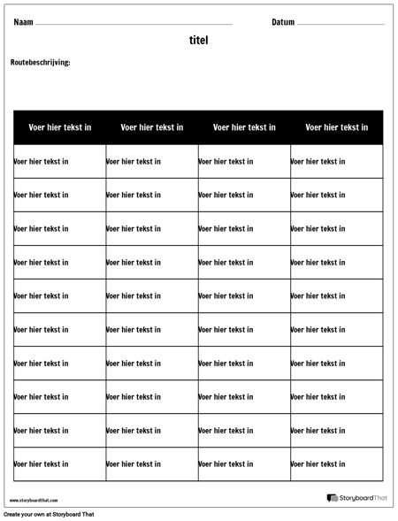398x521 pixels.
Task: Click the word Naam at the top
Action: (x=24, y=22)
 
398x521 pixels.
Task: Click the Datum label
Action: (x=283, y=22)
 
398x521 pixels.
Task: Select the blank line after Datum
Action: (x=341, y=25)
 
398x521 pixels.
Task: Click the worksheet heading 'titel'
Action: (x=198, y=41)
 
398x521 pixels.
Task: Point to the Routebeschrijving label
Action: (x=40, y=62)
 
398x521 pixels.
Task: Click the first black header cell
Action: (x=60, y=127)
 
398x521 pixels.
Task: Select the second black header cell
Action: (x=152, y=127)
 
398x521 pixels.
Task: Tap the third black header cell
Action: (x=244, y=127)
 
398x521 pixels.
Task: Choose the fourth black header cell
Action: (x=337, y=127)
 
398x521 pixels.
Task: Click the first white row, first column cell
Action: (x=60, y=161)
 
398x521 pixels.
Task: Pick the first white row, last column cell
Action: (x=337, y=161)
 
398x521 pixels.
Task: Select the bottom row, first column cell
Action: (x=60, y=464)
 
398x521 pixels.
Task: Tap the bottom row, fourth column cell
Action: (x=337, y=464)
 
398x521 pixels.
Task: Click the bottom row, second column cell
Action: (x=152, y=464)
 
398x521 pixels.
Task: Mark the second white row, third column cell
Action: (x=244, y=195)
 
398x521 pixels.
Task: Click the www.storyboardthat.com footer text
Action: (x=34, y=500)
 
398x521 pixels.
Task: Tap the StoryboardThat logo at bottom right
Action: (x=357, y=499)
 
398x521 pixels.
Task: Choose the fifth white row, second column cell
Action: (x=152, y=296)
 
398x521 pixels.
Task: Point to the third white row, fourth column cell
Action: (x=337, y=228)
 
